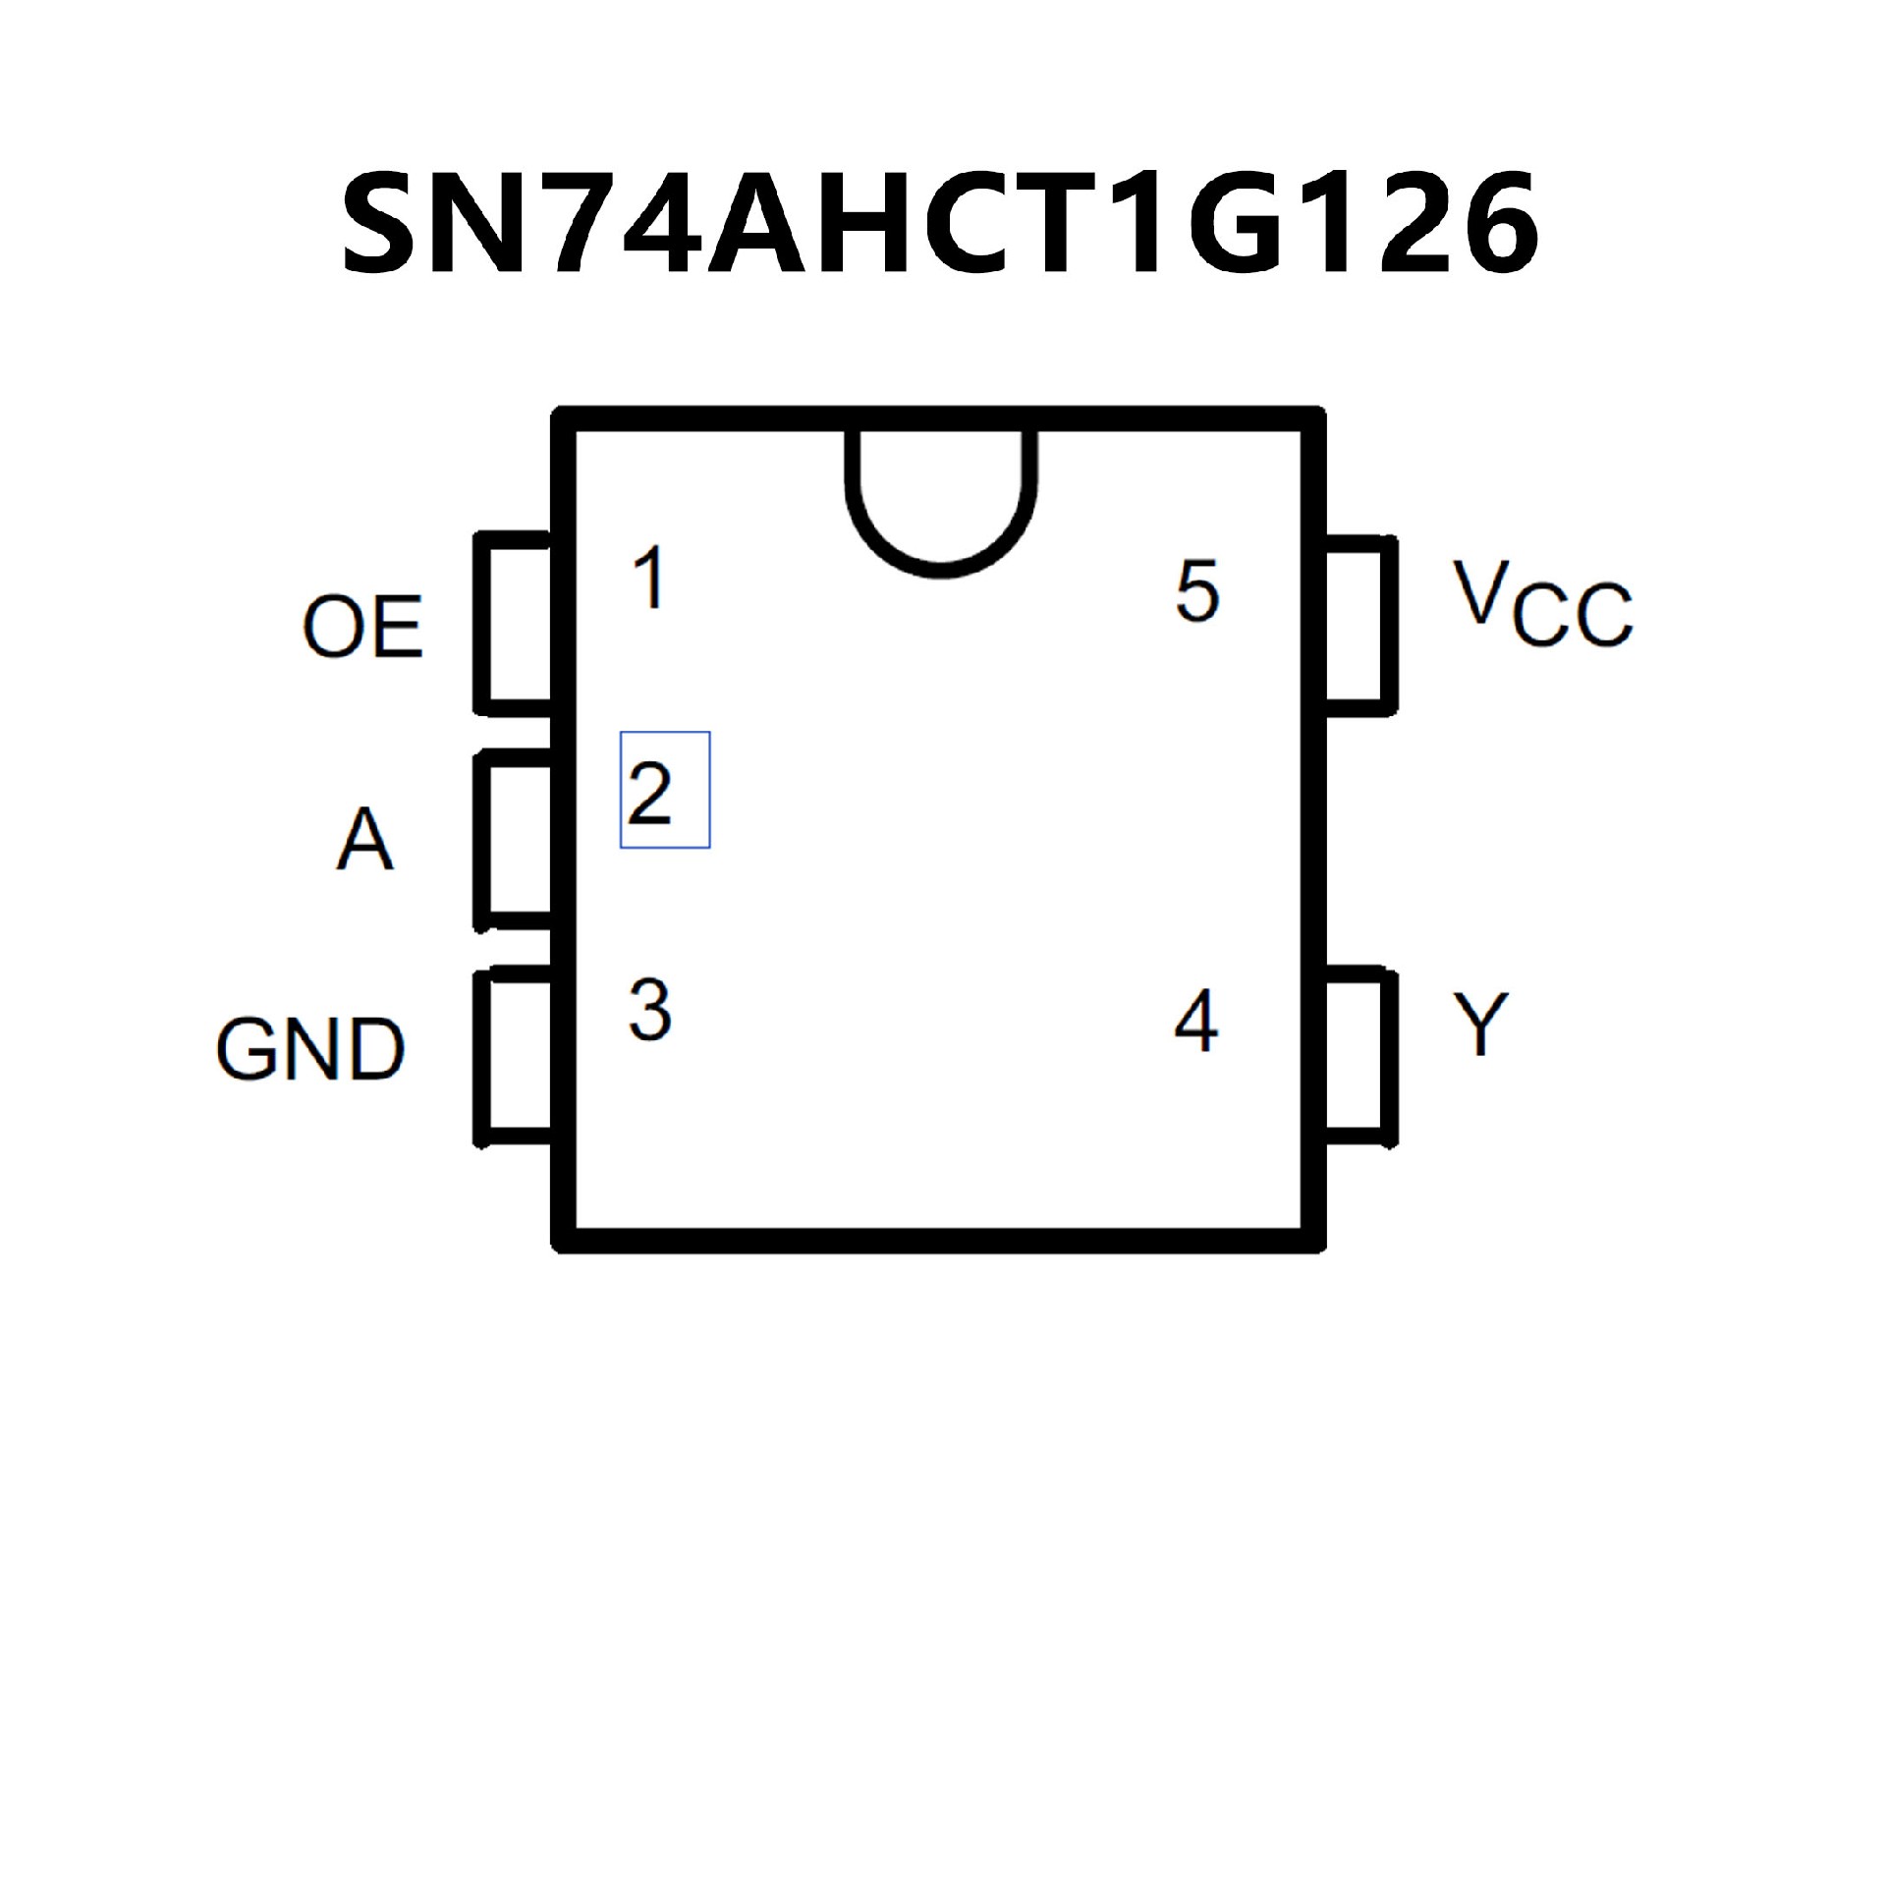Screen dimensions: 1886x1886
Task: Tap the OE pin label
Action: click(x=362, y=626)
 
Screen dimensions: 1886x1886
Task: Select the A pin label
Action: click(x=364, y=840)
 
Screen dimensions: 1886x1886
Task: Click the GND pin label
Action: click(x=309, y=1049)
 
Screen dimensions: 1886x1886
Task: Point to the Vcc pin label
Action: click(x=1541, y=605)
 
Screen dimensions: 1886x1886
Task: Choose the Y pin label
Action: click(x=1480, y=1025)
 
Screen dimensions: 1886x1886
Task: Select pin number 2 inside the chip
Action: click(x=649, y=792)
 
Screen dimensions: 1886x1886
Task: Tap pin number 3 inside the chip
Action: click(x=649, y=1010)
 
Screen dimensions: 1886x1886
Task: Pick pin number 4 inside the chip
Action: click(x=1196, y=1022)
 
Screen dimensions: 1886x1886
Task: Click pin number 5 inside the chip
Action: click(x=1196, y=591)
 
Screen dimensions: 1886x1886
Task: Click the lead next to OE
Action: click(x=513, y=624)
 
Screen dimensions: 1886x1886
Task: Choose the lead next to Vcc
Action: click(x=1360, y=626)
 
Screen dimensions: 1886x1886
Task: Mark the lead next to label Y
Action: click(x=1360, y=1057)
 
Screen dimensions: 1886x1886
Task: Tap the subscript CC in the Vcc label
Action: click(x=1573, y=616)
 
